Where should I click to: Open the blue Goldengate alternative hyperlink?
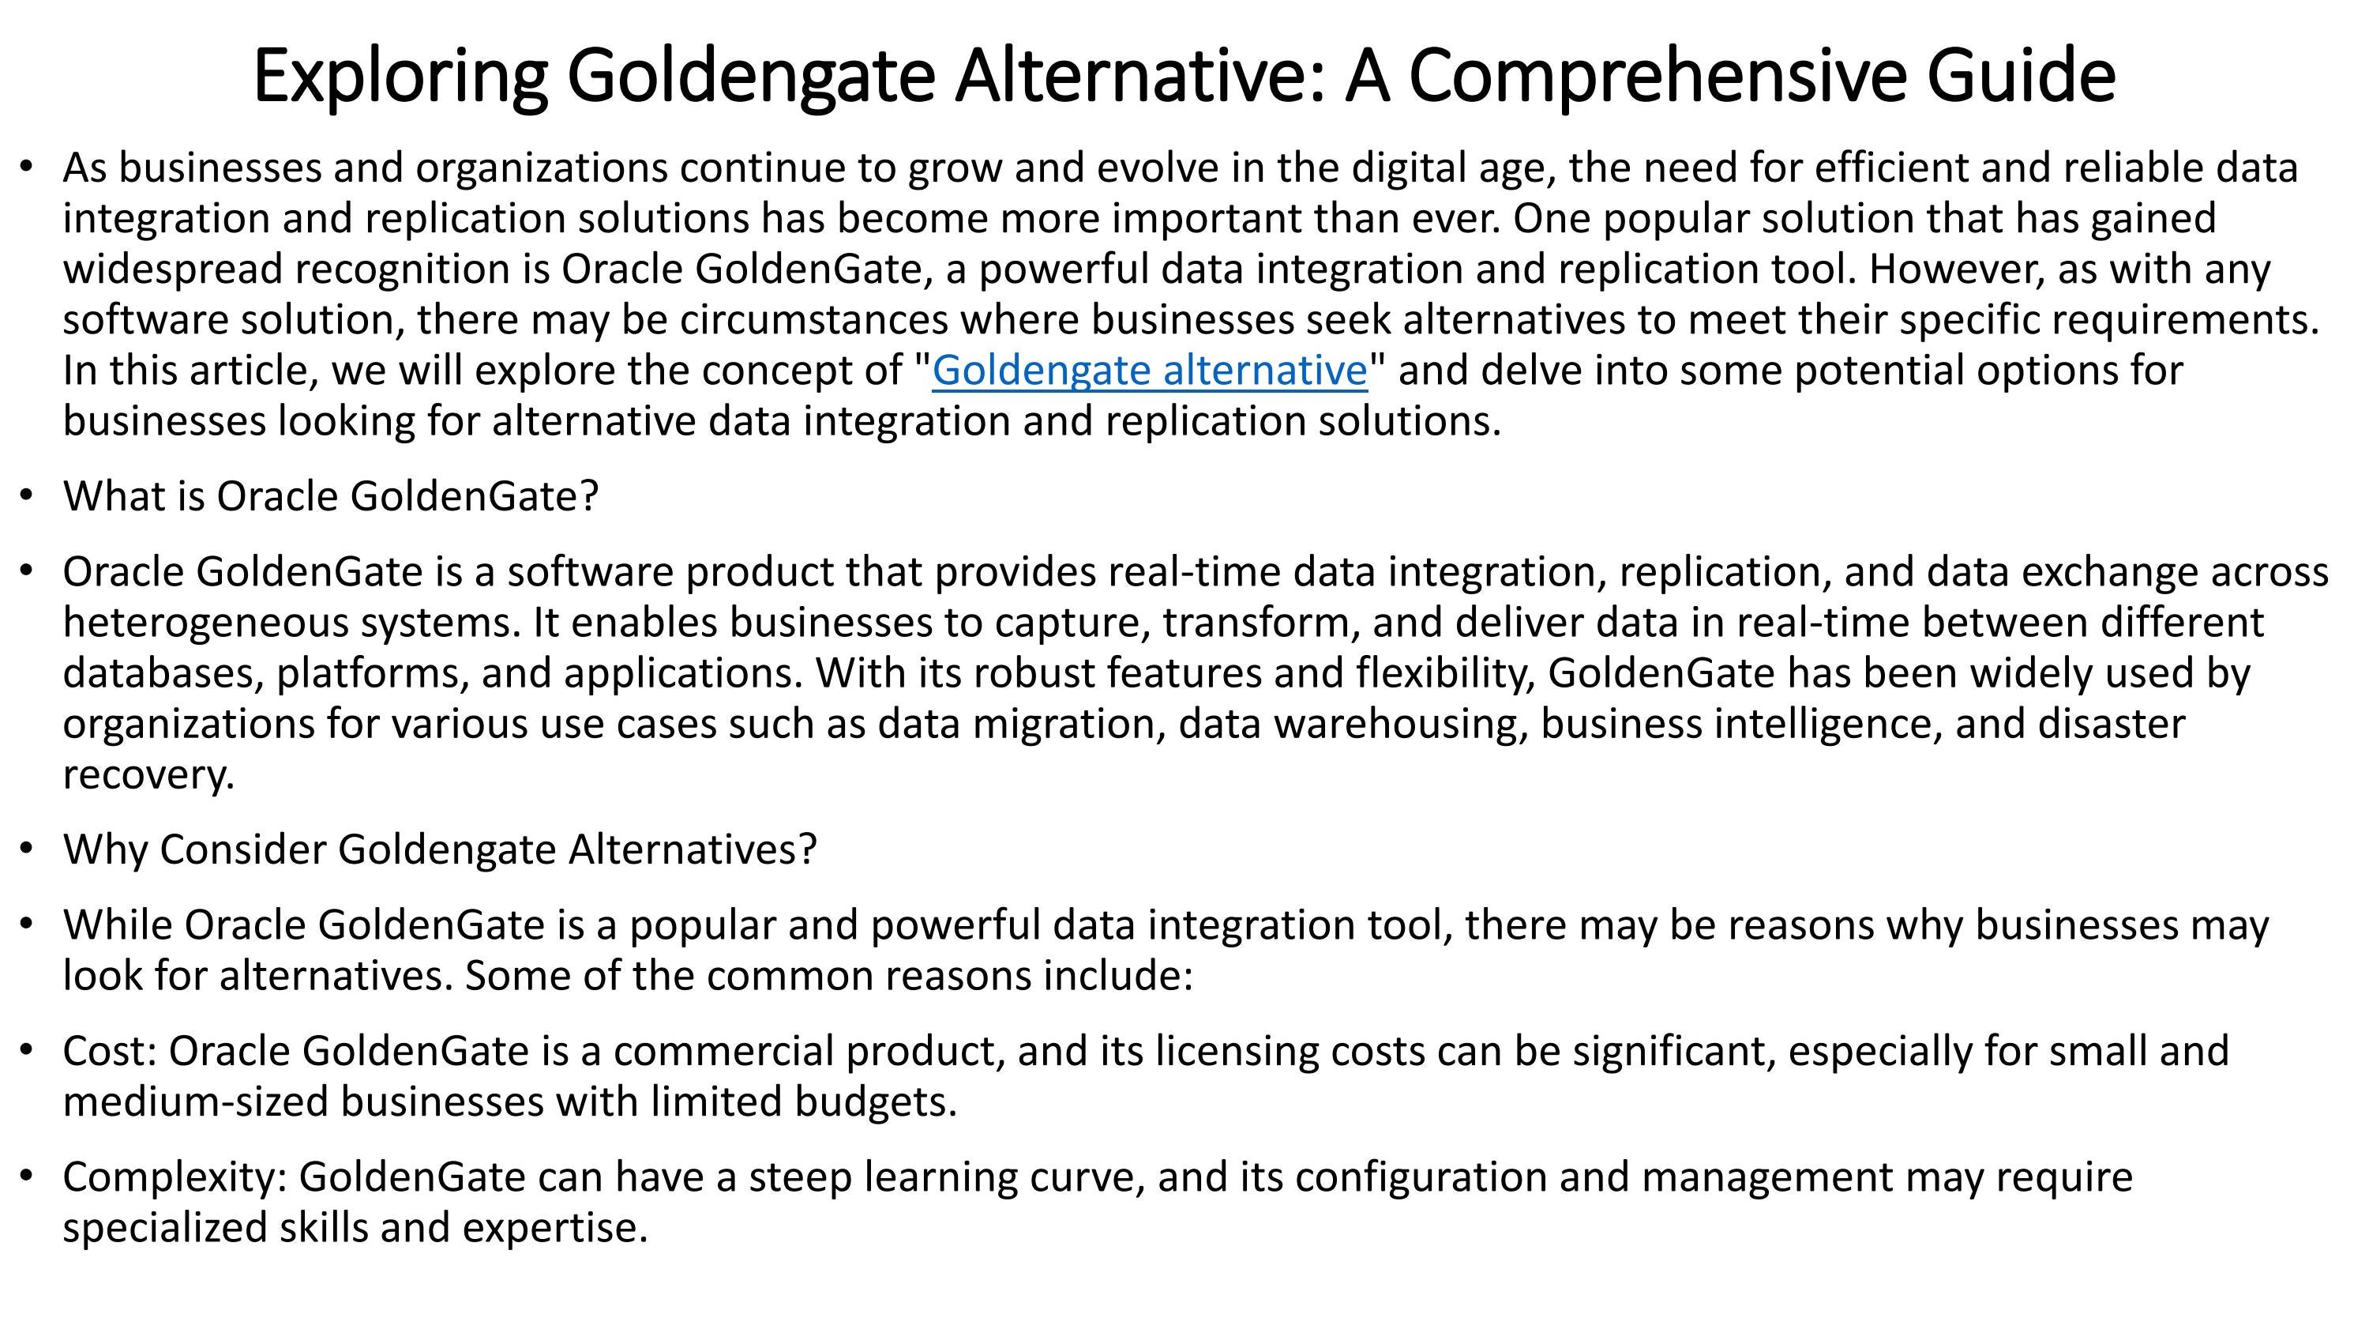(x=1150, y=371)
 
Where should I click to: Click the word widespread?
(x=172, y=269)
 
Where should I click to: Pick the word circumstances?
(x=814, y=320)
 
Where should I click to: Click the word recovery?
(x=147, y=774)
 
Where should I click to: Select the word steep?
(x=800, y=1177)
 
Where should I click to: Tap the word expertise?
(x=554, y=1228)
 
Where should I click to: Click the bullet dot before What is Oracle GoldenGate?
(x=27, y=496)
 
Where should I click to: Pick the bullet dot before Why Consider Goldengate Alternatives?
(x=27, y=848)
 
